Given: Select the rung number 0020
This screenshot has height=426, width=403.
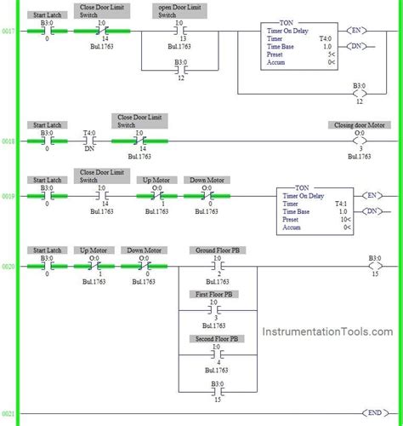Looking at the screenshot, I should tap(9, 266).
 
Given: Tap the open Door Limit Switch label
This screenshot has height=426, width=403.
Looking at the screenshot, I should tap(179, 11).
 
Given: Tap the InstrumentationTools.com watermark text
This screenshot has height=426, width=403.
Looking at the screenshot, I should tap(327, 333).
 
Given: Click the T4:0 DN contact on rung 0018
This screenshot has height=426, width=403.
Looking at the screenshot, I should tap(88, 141).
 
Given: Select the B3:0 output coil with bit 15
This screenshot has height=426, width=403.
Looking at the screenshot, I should tap(375, 266).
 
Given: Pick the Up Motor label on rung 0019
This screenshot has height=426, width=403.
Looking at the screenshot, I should tap(158, 180).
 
